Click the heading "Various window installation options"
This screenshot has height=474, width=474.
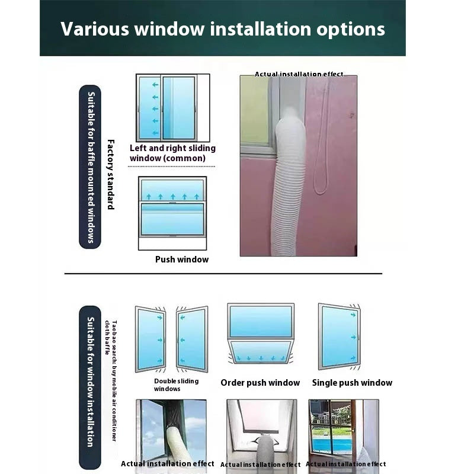pos(223,29)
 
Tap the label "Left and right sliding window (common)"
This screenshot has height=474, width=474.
pos(172,153)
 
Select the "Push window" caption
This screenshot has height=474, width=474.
pos(182,259)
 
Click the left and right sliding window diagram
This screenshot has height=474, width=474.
pos(172,107)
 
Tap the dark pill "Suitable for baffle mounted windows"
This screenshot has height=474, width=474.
pos(90,166)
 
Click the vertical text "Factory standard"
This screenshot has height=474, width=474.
pos(110,174)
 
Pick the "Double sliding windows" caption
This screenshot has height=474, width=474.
pos(176,385)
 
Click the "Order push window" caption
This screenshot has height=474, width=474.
pos(260,383)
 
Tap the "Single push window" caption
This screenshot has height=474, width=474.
pos(352,383)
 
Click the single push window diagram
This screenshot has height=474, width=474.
pos(339,336)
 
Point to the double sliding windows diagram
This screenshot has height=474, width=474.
pos(171,339)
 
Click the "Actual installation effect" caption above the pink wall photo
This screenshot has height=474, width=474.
pos(299,74)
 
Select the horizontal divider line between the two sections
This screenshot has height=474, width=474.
pos(223,274)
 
